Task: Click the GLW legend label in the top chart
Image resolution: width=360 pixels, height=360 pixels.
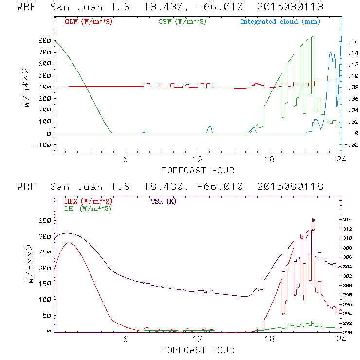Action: pos(89,22)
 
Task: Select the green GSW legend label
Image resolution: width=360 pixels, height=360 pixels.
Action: pos(182,22)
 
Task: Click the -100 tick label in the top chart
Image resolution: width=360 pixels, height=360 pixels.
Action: pos(43,145)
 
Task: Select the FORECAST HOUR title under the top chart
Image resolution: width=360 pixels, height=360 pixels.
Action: pos(198,170)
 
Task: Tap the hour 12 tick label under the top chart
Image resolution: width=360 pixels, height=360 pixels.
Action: pos(198,160)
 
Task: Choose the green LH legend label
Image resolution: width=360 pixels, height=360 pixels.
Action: pos(87,208)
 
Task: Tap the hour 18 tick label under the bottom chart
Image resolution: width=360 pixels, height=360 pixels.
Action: pos(270,340)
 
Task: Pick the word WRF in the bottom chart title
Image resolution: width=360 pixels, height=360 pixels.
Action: pos(27,187)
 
